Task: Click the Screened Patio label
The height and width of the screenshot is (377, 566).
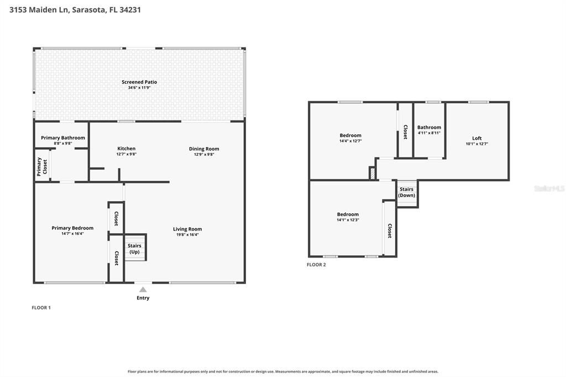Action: pos(139,82)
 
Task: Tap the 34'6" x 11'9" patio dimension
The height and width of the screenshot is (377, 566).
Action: pos(139,88)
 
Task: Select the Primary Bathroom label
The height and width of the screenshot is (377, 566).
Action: pos(63,138)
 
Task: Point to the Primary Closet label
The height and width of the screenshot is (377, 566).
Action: pos(42,166)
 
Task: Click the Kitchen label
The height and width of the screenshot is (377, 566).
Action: pos(127,148)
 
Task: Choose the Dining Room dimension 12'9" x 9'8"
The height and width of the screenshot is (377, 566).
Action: pos(204,155)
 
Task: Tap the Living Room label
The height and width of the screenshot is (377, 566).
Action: pos(187,229)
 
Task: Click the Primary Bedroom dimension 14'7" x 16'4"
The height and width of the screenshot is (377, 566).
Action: pos(72,234)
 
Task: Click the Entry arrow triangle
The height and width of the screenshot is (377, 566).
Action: pos(143,289)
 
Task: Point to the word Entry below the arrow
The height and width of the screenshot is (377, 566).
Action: pos(143,298)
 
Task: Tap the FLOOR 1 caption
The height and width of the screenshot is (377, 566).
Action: pos(41,308)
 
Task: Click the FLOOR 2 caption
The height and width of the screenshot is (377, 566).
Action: pos(316,265)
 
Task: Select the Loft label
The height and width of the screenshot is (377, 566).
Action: pos(477,138)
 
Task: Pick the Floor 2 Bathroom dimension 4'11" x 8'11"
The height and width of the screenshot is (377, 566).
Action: pos(429,133)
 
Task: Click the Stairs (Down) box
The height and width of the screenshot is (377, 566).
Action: pos(407,193)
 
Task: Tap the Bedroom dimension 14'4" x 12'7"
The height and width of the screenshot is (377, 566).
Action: pos(350,141)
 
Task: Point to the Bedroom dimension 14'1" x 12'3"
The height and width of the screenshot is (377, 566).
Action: pos(348,220)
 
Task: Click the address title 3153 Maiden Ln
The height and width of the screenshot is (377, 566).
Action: pos(38,10)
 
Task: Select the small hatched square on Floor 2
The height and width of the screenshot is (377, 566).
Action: pos(372,173)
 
